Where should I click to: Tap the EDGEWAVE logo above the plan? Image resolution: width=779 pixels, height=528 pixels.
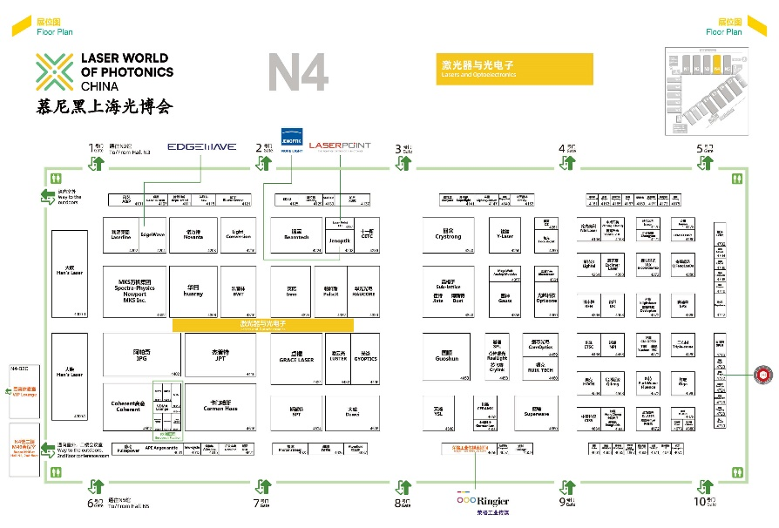click(x=201, y=146)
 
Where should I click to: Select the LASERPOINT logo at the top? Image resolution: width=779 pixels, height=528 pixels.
click(x=339, y=146)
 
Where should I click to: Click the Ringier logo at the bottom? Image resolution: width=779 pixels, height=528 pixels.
click(x=482, y=502)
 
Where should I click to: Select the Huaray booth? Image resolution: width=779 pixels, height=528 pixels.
click(x=194, y=290)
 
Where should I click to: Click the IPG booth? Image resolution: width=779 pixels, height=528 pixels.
click(x=142, y=355)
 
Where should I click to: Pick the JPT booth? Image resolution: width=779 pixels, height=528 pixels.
click(x=220, y=355)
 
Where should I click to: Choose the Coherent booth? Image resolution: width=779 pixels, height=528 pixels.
click(x=128, y=406)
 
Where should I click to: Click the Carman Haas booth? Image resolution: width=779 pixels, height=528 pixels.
click(x=220, y=406)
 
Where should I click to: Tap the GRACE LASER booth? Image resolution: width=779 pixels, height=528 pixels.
click(x=295, y=356)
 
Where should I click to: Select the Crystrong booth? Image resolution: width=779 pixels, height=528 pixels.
click(x=448, y=235)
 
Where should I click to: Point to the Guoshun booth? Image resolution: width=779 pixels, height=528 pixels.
click(x=448, y=355)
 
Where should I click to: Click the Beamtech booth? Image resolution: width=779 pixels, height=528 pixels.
click(x=295, y=235)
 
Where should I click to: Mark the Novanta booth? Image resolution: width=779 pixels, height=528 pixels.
click(x=193, y=235)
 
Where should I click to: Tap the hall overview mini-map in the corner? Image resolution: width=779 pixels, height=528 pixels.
click(x=707, y=92)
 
